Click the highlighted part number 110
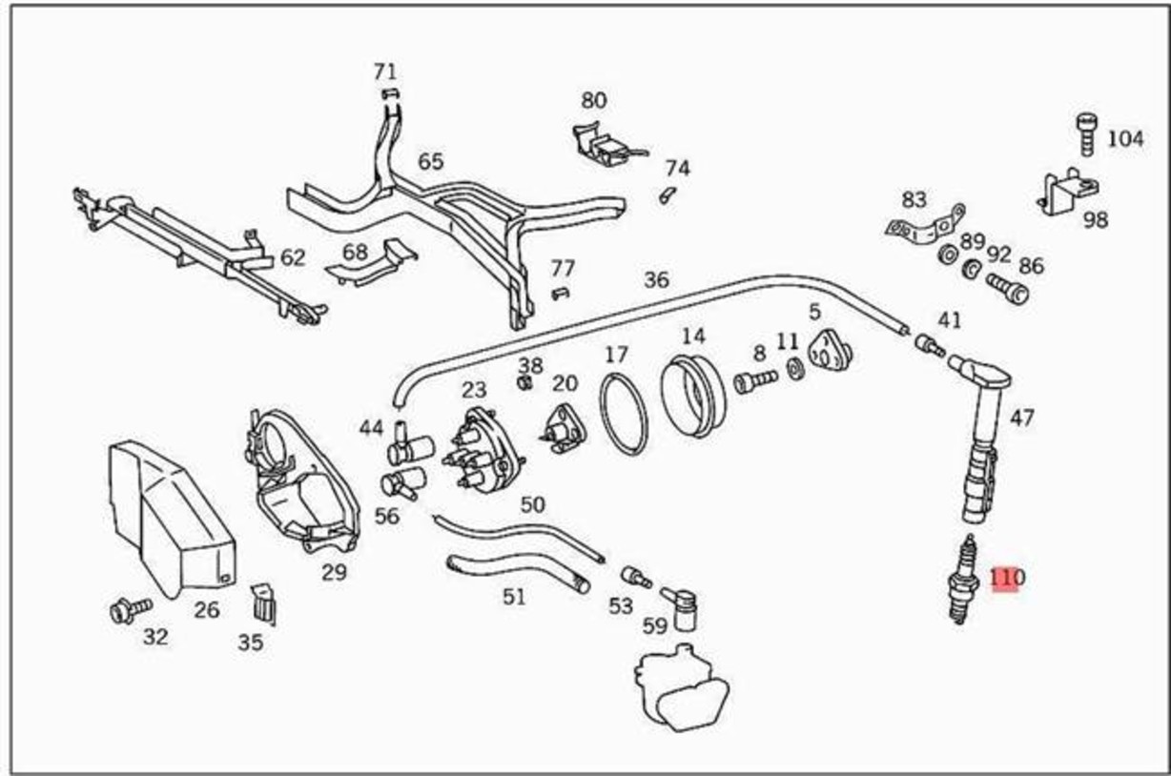tap(1006, 578)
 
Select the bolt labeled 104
tap(1087, 134)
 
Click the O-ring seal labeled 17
tap(623, 415)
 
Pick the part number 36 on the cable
tap(656, 280)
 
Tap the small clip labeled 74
tap(668, 194)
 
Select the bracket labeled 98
tap(1062, 194)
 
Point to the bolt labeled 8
tap(753, 381)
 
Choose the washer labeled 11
tap(794, 369)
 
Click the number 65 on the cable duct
tap(430, 162)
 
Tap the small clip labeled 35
tap(263, 602)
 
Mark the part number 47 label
tap(1021, 418)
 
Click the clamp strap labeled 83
tap(923, 227)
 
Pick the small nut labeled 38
tap(524, 382)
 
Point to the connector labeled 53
tap(635, 577)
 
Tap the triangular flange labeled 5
tap(828, 353)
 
